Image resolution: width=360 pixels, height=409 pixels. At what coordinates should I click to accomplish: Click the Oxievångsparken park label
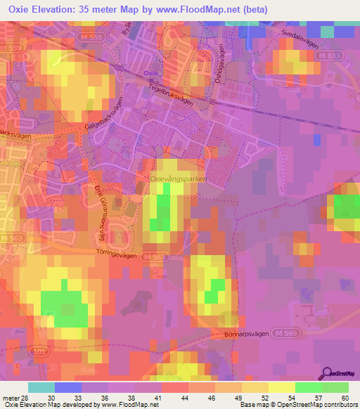coord(179,180)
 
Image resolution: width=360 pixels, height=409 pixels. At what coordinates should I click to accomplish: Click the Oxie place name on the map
coord(149,73)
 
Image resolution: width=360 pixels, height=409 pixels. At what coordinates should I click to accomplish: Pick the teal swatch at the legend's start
coord(41,387)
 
